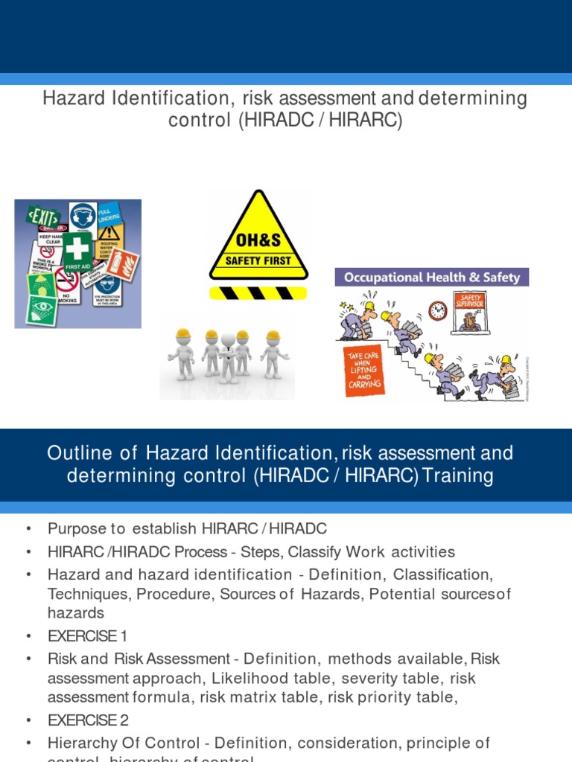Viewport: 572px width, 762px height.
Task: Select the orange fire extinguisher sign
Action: tap(126, 264)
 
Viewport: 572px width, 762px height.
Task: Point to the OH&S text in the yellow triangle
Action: tap(259, 243)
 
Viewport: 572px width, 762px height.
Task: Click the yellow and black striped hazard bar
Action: tap(258, 292)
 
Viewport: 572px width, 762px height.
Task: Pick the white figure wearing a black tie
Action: tap(227, 355)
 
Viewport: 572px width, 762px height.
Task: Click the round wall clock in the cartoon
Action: tap(438, 310)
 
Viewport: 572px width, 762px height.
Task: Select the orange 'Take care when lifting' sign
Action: tap(365, 370)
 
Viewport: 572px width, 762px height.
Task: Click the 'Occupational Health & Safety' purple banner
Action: tap(432, 278)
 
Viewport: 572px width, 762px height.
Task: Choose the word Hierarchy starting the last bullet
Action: tap(83, 743)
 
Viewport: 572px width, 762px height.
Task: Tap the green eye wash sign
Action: tap(42, 308)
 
